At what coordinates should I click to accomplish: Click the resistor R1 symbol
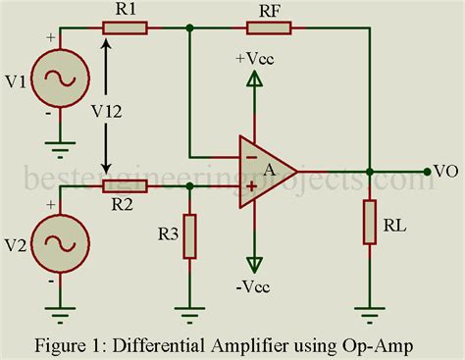128,28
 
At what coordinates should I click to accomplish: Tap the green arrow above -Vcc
255,262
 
